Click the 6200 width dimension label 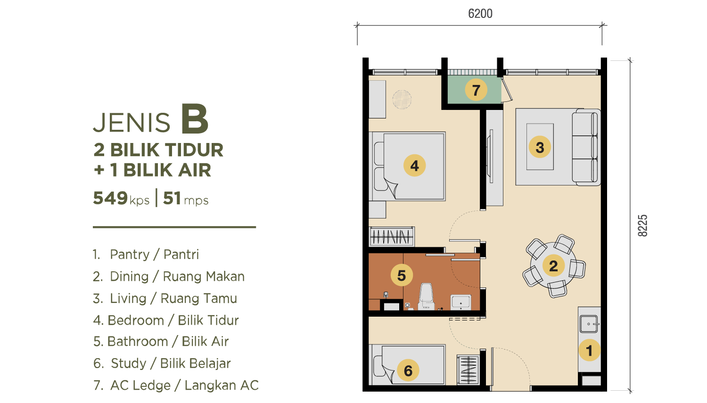480,14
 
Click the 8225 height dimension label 642,226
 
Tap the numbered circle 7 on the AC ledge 476,90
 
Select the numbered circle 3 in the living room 540,147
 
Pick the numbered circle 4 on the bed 414,165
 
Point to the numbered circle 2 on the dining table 553,266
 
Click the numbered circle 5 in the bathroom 402,275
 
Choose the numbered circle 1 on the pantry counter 589,350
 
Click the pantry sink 589,324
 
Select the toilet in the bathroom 427,296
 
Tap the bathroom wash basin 461,302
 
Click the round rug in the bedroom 402,99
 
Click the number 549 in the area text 110,198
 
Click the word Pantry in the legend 130,254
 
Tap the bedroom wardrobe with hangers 391,236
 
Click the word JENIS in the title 132,122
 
